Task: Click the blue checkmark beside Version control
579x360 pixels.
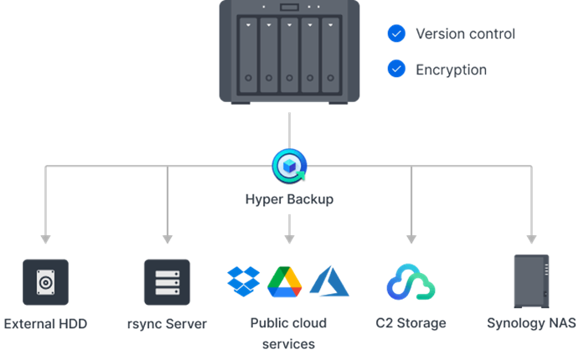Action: [x=396, y=34]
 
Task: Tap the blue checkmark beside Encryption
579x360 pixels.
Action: [x=396, y=69]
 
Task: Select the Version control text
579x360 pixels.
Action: [x=465, y=34]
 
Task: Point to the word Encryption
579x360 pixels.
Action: [x=451, y=69]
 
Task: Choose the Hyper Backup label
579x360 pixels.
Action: [x=289, y=199]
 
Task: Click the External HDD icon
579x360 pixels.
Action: [x=45, y=282]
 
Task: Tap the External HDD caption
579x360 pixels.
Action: [x=45, y=323]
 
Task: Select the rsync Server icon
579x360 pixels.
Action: [x=167, y=282]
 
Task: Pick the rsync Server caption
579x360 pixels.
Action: [x=167, y=323]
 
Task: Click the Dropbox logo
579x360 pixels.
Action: [x=244, y=280]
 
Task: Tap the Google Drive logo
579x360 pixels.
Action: [x=285, y=281]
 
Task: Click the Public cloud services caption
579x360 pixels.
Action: [x=288, y=332]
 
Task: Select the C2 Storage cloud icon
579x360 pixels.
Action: [x=411, y=282]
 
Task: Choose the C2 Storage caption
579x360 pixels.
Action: [x=411, y=323]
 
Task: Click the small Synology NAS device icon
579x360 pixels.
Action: [x=531, y=281]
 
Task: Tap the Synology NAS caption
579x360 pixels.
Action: [x=531, y=323]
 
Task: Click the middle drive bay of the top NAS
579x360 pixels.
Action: [x=289, y=54]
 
